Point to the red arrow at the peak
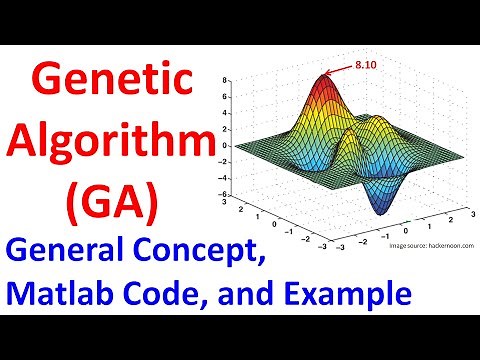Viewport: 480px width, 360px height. [338, 68]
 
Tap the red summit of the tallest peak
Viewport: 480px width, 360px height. [324, 80]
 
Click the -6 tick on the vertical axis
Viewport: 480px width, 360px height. [224, 194]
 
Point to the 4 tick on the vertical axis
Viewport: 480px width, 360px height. [226, 109]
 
